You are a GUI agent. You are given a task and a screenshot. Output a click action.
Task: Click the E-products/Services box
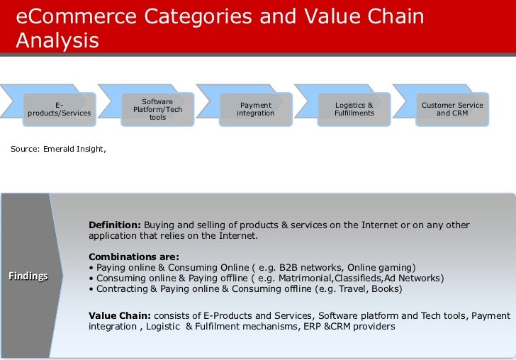pos(59,109)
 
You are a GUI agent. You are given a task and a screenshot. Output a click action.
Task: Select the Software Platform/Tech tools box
pos(157,109)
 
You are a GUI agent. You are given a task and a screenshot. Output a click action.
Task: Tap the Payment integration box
pos(255,109)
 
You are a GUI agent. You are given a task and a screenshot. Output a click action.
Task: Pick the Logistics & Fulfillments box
pos(354,109)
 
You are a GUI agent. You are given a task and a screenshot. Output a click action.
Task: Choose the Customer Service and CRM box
pos(452,109)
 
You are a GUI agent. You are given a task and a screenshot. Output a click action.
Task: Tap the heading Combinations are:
pos(134,257)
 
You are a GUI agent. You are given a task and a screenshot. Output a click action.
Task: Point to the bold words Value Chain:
pos(119,315)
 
